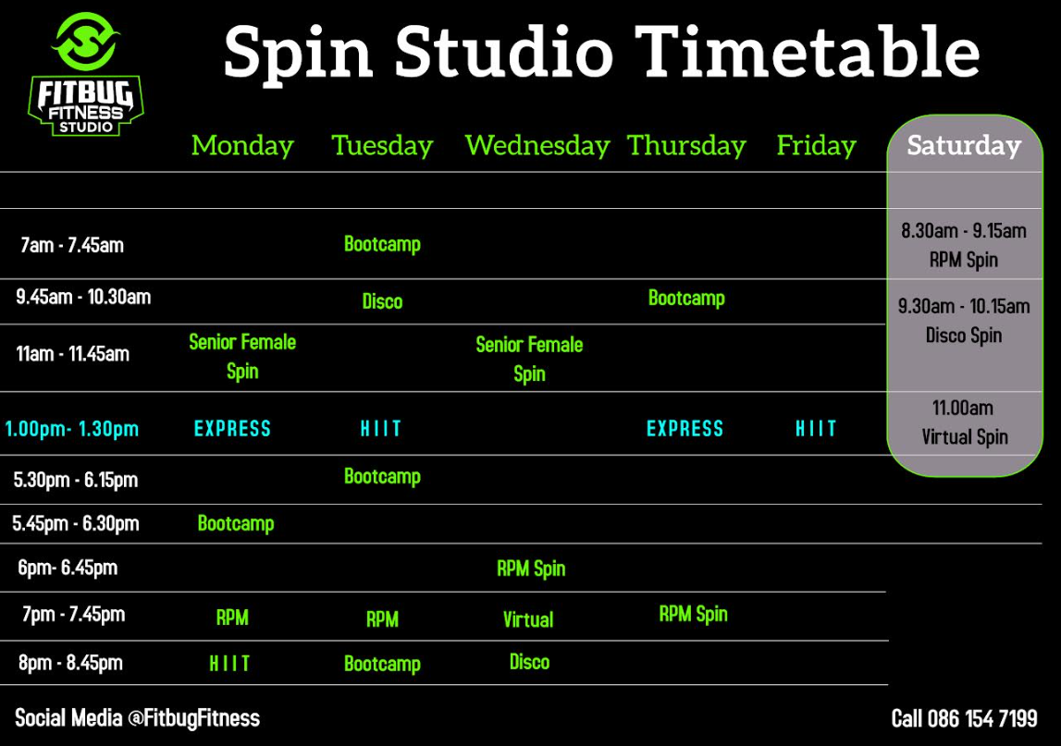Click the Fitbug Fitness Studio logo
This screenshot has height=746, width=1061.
click(x=86, y=74)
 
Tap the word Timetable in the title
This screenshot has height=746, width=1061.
click(x=808, y=52)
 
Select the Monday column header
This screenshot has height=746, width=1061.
click(x=242, y=145)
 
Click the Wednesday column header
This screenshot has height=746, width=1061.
click(x=537, y=145)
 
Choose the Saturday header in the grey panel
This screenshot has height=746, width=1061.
click(x=964, y=145)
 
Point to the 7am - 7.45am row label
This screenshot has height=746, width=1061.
click(x=72, y=245)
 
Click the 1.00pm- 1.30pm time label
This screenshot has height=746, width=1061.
click(x=72, y=429)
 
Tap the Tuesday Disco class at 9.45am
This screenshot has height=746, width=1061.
click(x=382, y=301)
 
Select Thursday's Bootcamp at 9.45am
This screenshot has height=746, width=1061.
click(x=686, y=299)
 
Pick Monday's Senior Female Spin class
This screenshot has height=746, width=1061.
click(x=242, y=357)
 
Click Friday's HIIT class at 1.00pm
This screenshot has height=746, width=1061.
click(x=816, y=429)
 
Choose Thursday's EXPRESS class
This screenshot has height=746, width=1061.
click(x=685, y=429)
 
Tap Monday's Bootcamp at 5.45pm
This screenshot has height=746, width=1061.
click(x=236, y=523)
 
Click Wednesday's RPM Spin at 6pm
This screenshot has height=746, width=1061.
click(x=531, y=569)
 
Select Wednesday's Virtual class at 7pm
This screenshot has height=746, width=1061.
click(x=528, y=619)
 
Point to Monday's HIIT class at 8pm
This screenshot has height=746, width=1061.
click(x=229, y=664)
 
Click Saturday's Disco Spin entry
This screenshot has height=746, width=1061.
click(x=964, y=321)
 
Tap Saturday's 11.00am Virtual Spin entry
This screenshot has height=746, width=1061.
click(x=964, y=422)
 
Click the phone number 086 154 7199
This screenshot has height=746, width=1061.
click(x=981, y=718)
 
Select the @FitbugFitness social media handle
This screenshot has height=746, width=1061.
click(x=193, y=718)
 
